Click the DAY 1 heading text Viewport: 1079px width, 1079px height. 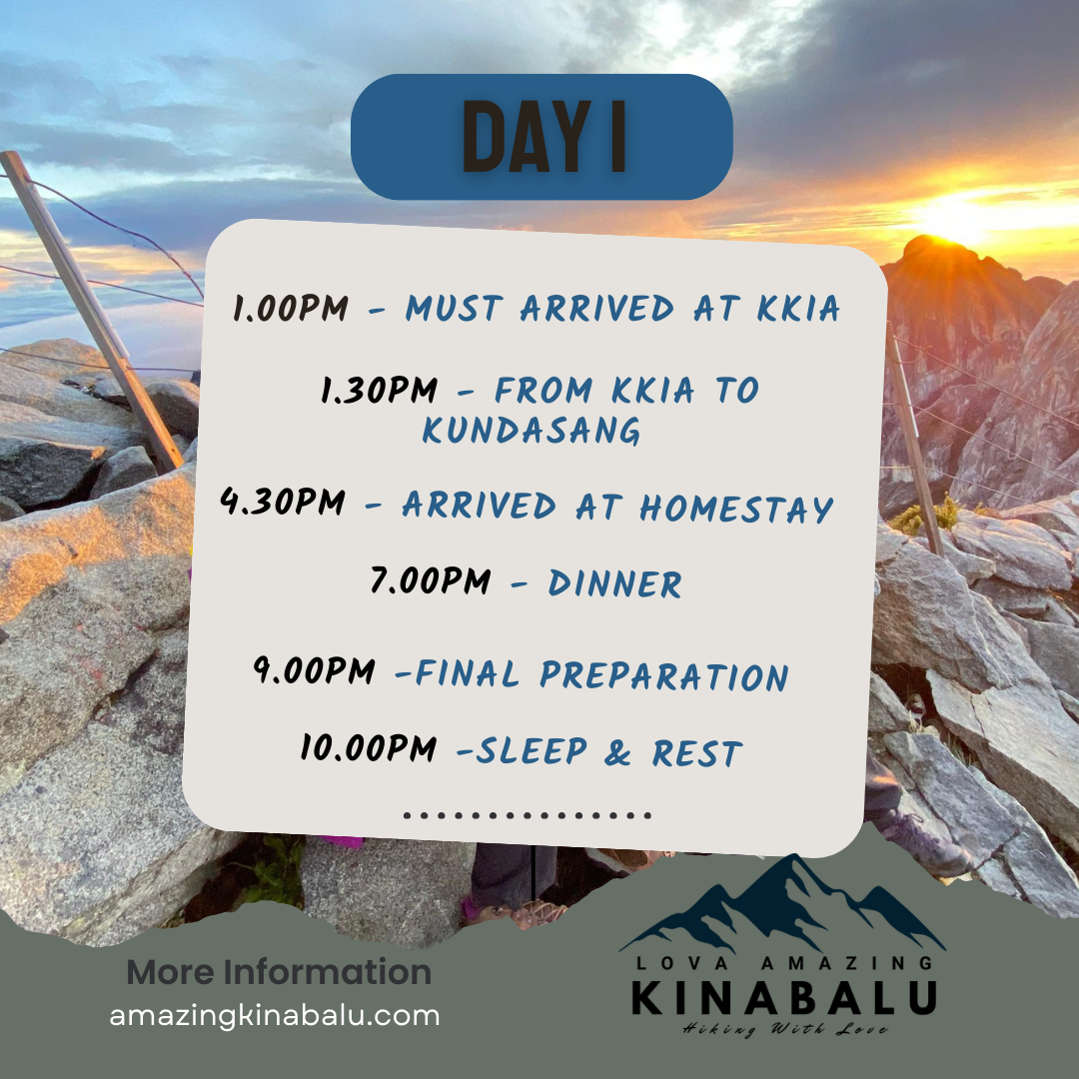click(543, 136)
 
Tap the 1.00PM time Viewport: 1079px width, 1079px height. click(291, 308)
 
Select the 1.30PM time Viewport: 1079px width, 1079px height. click(380, 390)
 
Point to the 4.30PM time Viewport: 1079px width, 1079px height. click(283, 502)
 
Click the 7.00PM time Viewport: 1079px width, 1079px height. click(431, 581)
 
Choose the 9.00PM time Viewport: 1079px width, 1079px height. click(315, 670)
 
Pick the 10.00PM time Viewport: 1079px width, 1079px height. click(369, 748)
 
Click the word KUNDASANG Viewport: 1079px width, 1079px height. click(532, 431)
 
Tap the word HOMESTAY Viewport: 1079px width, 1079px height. click(736, 509)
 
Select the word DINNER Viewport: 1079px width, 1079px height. click(614, 584)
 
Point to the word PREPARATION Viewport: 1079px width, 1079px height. click(664, 675)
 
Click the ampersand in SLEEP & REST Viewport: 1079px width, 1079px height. click(617, 753)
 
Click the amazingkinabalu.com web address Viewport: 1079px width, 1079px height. click(275, 1016)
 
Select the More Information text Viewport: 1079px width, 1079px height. click(280, 972)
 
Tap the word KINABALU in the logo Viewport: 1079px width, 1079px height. click(784, 998)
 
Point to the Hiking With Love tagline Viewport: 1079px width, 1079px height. click(784, 1029)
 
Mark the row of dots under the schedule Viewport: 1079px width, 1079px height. click(528, 815)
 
